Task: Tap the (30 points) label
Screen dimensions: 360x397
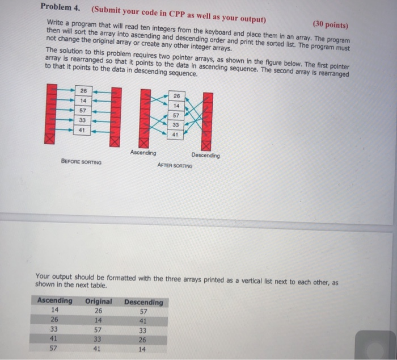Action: point(331,26)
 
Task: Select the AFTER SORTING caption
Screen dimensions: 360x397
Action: point(175,166)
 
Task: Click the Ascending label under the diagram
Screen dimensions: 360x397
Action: point(142,153)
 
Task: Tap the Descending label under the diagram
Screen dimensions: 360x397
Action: point(205,155)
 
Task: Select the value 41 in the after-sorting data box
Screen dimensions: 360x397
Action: point(175,135)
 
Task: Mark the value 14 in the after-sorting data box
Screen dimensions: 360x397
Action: point(176,106)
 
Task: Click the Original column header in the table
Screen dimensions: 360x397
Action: point(98,301)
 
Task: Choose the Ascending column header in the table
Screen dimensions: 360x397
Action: point(55,300)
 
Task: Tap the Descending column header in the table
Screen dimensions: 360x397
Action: point(143,302)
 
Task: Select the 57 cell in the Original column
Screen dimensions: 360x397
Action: point(98,329)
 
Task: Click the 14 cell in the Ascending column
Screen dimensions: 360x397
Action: point(54,310)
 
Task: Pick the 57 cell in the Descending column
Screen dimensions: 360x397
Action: point(142,311)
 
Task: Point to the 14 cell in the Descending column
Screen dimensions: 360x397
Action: point(142,349)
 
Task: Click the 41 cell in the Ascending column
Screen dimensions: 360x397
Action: point(54,339)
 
